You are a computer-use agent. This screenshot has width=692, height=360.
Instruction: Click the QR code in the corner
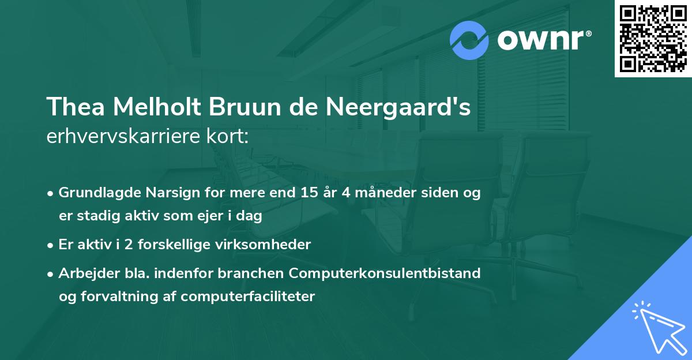(x=653, y=39)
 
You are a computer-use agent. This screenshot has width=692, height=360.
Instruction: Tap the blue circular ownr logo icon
(x=469, y=41)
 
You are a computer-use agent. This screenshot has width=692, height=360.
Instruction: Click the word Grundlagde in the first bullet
(x=99, y=193)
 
